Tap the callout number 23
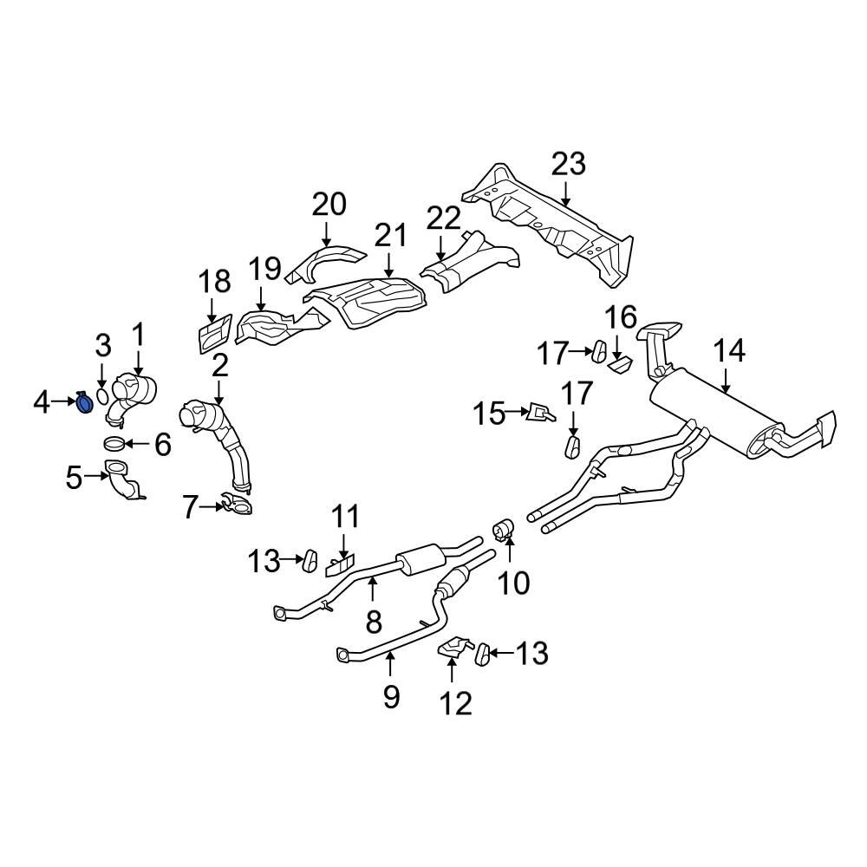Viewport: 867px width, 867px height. [569, 163]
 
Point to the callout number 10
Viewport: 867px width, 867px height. [513, 583]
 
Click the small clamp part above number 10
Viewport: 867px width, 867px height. [505, 529]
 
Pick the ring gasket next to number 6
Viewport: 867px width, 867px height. [114, 446]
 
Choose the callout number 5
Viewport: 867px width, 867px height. [74, 476]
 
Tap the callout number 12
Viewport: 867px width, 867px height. [456, 702]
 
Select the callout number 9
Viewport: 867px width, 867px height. [391, 695]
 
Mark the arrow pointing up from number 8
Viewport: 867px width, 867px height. [373, 591]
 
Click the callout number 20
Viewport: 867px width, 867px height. [329, 205]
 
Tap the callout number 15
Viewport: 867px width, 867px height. [488, 414]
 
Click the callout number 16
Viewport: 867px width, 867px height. [621, 318]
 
